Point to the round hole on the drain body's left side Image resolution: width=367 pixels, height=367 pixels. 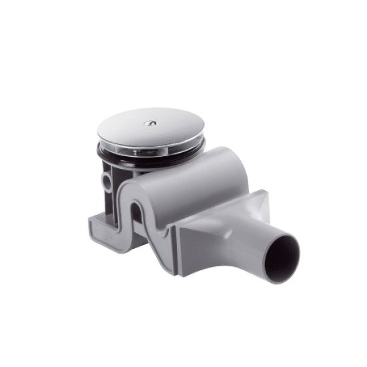(x=107, y=181)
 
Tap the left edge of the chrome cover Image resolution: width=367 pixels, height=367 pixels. (x=99, y=133)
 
